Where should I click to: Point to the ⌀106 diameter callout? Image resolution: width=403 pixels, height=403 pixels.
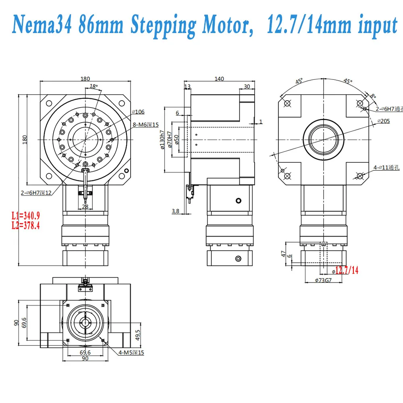(138, 112)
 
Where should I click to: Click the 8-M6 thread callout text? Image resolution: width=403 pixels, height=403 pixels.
(147, 125)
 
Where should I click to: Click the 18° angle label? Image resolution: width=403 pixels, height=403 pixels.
(93, 86)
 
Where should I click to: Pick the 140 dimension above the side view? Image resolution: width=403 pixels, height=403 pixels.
(219, 79)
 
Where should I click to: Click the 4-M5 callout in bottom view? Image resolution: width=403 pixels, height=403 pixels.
(131, 353)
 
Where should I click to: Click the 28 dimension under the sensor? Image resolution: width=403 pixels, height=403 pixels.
(85, 206)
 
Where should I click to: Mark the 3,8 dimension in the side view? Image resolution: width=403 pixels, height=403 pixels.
(175, 211)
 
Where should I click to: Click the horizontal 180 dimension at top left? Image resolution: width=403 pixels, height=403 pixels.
(85, 79)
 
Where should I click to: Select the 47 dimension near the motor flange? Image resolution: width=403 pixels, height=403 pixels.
(284, 254)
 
